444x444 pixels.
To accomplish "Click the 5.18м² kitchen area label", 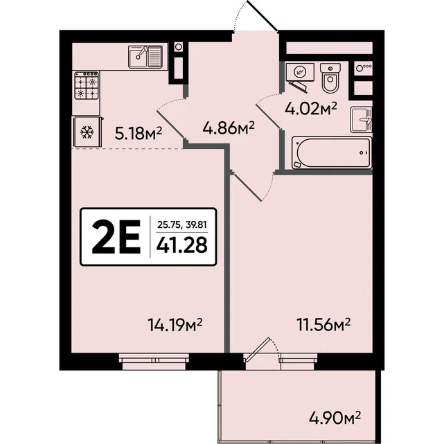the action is pos(138,134).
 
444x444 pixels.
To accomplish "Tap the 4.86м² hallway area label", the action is pos(229,128).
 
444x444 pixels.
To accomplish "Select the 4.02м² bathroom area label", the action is pos(311,109).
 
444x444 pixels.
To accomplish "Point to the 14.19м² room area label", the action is pos(175,325).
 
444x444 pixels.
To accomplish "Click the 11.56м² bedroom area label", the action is pos(323,324).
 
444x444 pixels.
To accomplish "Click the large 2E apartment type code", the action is pos(116,237).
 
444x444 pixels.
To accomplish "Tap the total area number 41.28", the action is pos(181,245).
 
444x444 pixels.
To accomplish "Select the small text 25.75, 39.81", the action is pos(181,225).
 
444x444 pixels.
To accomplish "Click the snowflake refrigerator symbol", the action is pos(87,132).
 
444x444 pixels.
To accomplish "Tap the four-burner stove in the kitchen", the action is pos(87,85).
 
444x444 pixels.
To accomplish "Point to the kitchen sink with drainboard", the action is pos(145,57).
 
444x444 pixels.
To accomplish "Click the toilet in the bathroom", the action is pos(330,78).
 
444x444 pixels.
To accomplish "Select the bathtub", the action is pos(332,153).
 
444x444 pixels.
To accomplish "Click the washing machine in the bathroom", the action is pos(300,72).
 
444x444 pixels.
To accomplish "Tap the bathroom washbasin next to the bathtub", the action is pos(361,120).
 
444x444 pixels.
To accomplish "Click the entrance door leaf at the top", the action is pos(263,15).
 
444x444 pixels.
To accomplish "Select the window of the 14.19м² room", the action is pos(154,362).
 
